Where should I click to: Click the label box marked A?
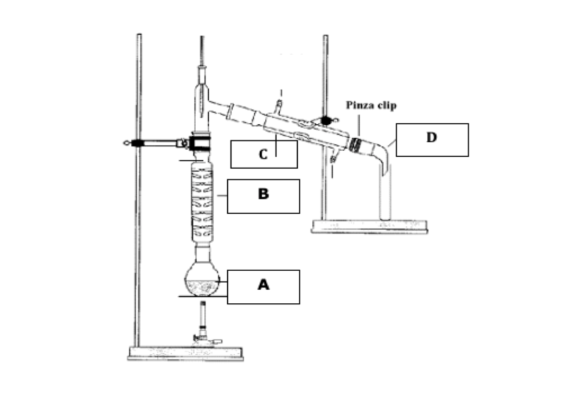[263, 286]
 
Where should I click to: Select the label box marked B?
[263, 196]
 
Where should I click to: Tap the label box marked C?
[264, 154]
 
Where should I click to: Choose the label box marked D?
[432, 139]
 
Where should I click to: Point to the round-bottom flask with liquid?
[202, 279]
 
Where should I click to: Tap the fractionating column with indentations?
[202, 203]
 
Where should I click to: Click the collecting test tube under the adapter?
[385, 195]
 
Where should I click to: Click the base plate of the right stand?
[369, 226]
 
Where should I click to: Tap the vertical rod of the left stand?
[139, 190]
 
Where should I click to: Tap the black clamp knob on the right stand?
[326, 119]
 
